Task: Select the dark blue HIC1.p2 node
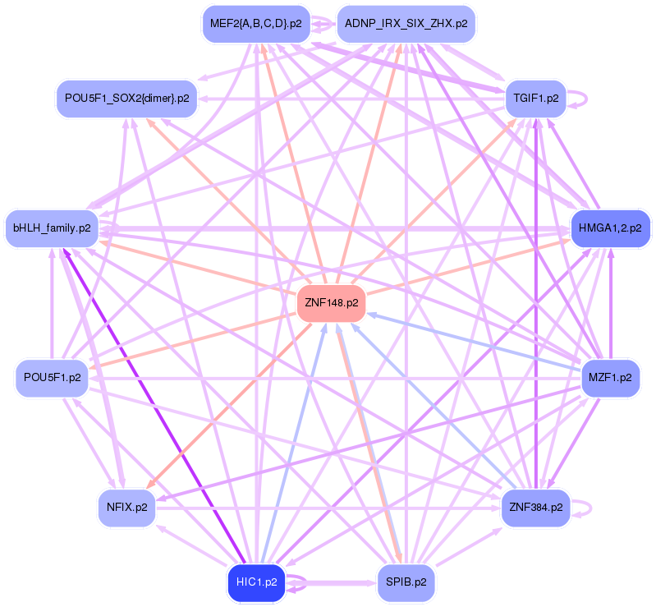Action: click(256, 582)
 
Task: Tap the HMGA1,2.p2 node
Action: click(609, 227)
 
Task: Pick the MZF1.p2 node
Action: click(609, 378)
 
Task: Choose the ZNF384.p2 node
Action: click(534, 507)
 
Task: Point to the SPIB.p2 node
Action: click(406, 582)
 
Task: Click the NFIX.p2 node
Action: click(126, 507)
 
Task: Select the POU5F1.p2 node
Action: click(52, 378)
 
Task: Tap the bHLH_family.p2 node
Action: click(52, 227)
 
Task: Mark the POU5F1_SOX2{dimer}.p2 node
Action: click(126, 98)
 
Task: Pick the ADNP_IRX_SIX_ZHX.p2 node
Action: click(406, 23)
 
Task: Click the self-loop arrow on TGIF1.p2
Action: click(585, 98)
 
